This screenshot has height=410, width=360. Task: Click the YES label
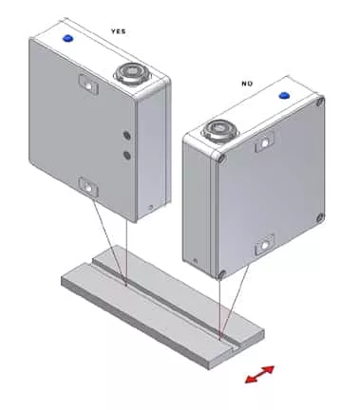118,31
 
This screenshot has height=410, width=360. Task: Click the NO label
247,84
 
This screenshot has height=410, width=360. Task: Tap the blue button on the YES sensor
67,38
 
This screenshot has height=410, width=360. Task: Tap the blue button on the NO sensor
284,95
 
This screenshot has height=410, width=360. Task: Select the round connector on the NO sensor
218,128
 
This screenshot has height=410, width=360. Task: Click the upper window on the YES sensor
88,84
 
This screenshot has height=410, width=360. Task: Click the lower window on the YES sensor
88,188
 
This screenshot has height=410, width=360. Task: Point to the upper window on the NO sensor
264,142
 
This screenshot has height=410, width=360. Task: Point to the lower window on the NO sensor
264,245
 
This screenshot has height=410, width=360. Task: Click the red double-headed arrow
260,374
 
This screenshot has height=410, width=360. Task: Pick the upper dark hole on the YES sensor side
127,136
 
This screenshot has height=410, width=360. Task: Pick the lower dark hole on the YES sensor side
127,155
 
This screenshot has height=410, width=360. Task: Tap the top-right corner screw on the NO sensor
320,102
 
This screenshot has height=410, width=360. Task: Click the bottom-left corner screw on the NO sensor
222,274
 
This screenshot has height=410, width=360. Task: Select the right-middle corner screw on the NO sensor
320,217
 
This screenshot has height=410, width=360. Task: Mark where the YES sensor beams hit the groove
125,283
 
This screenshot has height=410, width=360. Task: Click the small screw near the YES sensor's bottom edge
151,208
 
